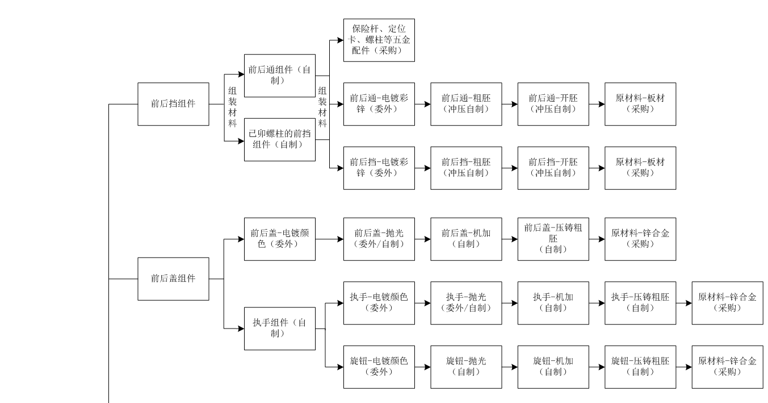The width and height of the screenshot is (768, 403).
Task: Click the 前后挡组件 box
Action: click(x=173, y=104)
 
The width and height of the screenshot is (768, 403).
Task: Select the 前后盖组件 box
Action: click(x=173, y=279)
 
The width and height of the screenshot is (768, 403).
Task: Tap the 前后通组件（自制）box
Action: click(x=279, y=76)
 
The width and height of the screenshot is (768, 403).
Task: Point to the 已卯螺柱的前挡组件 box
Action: click(x=279, y=139)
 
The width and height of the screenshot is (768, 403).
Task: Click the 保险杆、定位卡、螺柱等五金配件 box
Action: click(x=379, y=40)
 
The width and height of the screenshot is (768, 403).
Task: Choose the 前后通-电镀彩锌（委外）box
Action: click(x=379, y=104)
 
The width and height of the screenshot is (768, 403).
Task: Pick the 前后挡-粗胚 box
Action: click(x=466, y=168)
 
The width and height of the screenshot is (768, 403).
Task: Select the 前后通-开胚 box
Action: click(x=553, y=104)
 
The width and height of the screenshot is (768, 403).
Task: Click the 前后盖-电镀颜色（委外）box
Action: click(x=279, y=239)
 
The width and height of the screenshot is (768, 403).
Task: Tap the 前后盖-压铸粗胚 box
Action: click(x=553, y=239)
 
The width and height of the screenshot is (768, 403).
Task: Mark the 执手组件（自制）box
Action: click(x=279, y=329)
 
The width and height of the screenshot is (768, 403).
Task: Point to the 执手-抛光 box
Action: click(x=466, y=303)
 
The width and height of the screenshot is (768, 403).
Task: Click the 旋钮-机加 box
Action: click(x=553, y=367)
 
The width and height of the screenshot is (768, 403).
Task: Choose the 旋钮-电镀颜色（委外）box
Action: click(x=379, y=367)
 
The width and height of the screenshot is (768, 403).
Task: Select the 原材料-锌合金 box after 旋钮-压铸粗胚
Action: click(x=727, y=367)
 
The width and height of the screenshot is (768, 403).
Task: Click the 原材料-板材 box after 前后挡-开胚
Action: click(x=640, y=168)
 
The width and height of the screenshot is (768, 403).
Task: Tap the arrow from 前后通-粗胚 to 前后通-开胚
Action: click(x=510, y=104)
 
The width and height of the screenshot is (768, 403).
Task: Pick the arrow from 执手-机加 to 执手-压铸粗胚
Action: click(x=597, y=303)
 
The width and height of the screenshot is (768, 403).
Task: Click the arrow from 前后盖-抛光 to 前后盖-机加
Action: click(x=422, y=239)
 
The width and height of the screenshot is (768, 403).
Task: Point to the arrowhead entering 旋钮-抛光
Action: click(x=427, y=367)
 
